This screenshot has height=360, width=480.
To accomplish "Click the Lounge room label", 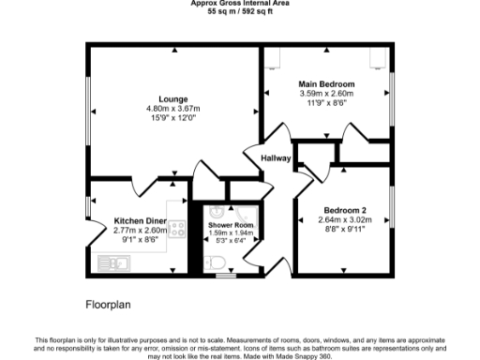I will tap(173, 99).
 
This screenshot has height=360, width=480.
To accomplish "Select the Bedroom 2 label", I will tap(344, 210).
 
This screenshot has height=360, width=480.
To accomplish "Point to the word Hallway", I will tap(277, 157).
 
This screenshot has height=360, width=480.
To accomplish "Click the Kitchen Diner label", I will tap(141, 221).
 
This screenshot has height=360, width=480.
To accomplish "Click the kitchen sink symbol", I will tap(118, 263).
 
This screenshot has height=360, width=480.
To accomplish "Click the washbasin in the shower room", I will tap(215, 212).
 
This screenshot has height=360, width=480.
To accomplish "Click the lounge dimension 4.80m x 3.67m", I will tap(173, 109).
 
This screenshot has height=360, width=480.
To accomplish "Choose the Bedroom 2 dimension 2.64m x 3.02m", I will tap(344, 219).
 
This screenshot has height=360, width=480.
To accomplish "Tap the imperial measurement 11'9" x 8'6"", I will tap(326, 102).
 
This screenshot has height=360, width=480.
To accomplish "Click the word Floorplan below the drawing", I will tap(110, 304).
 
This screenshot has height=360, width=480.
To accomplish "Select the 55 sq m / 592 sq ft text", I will tap(240, 12).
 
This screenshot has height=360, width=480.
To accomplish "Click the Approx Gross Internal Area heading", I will tap(240, 4).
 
